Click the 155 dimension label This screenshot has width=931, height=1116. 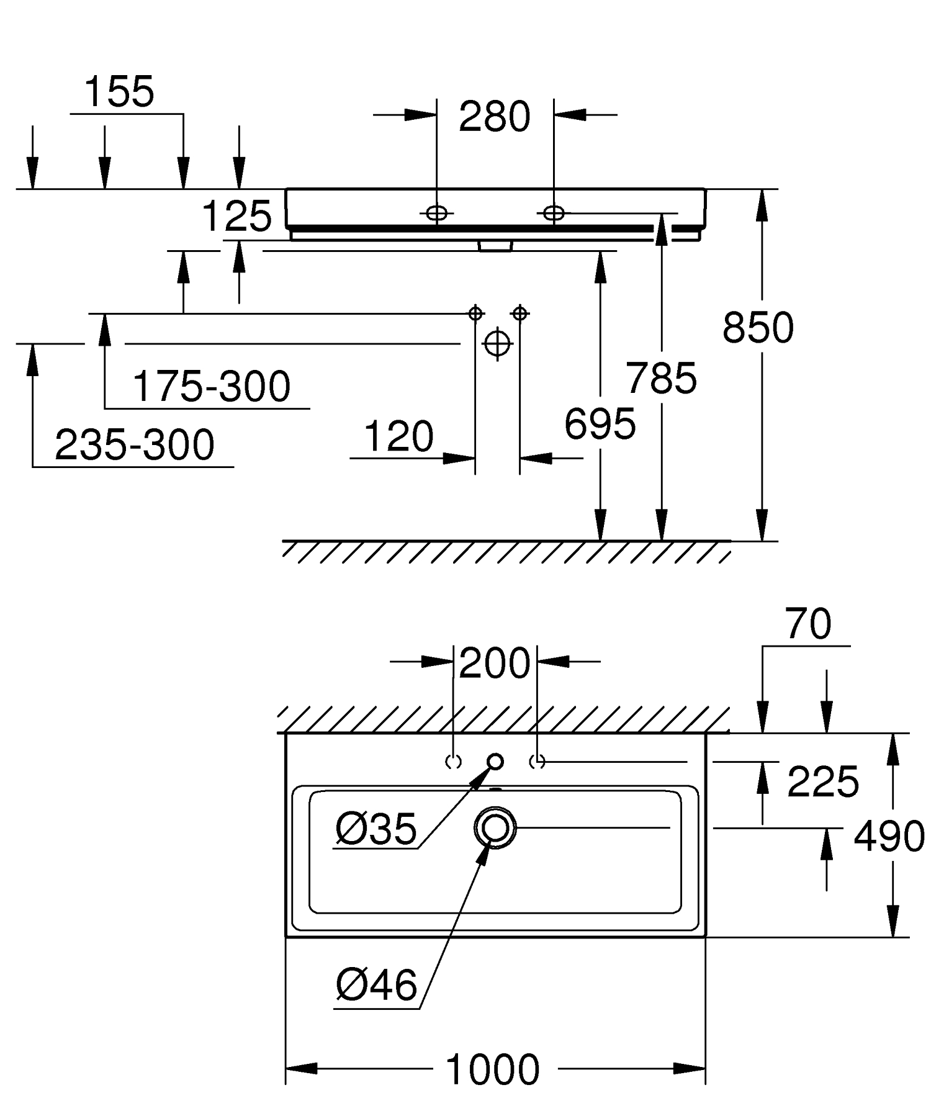tap(119, 92)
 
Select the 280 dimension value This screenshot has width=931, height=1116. tap(495, 117)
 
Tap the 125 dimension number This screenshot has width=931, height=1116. tap(237, 217)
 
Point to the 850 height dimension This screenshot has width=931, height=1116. tap(758, 328)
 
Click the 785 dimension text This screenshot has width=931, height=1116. tap(661, 378)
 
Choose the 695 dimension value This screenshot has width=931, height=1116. tap(600, 425)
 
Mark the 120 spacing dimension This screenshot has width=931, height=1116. tap(398, 436)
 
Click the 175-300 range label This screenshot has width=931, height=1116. tap(212, 386)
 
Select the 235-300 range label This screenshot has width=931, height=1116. tap(135, 444)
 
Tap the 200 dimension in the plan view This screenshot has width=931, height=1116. tap(495, 664)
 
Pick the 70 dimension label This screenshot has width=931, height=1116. tap(808, 624)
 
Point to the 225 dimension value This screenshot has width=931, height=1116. tap(823, 781)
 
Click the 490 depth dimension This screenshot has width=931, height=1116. tap(889, 836)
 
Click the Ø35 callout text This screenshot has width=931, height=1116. tap(376, 829)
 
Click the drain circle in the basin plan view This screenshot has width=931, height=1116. tap(495, 827)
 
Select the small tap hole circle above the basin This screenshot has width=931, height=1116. tap(495, 761)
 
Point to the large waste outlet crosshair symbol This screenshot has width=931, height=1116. tap(497, 343)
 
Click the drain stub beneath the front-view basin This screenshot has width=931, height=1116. tap(495, 246)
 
